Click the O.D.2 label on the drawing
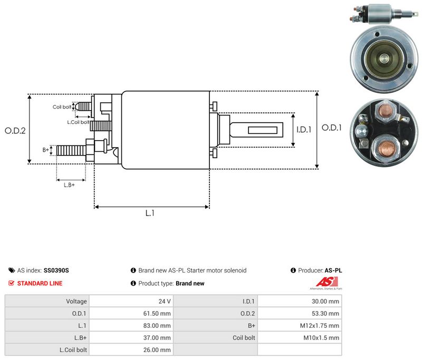tap(15, 131)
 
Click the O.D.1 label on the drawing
tap(332, 128)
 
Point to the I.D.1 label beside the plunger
tap(304, 130)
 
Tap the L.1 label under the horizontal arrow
tap(150, 213)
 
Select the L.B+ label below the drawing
tap(69, 185)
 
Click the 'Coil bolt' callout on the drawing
tap(62, 107)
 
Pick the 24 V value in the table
tap(165, 301)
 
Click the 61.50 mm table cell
tap(157, 314)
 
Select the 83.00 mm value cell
tap(157, 326)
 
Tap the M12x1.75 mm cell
tap(320, 326)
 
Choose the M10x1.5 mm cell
tap(321, 338)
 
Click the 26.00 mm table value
tap(157, 350)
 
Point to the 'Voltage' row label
tap(76, 301)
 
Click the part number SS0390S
tap(56, 270)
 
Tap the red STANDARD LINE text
tap(40, 284)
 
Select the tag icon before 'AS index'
tap(12, 270)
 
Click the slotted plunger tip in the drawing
tap(262, 130)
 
